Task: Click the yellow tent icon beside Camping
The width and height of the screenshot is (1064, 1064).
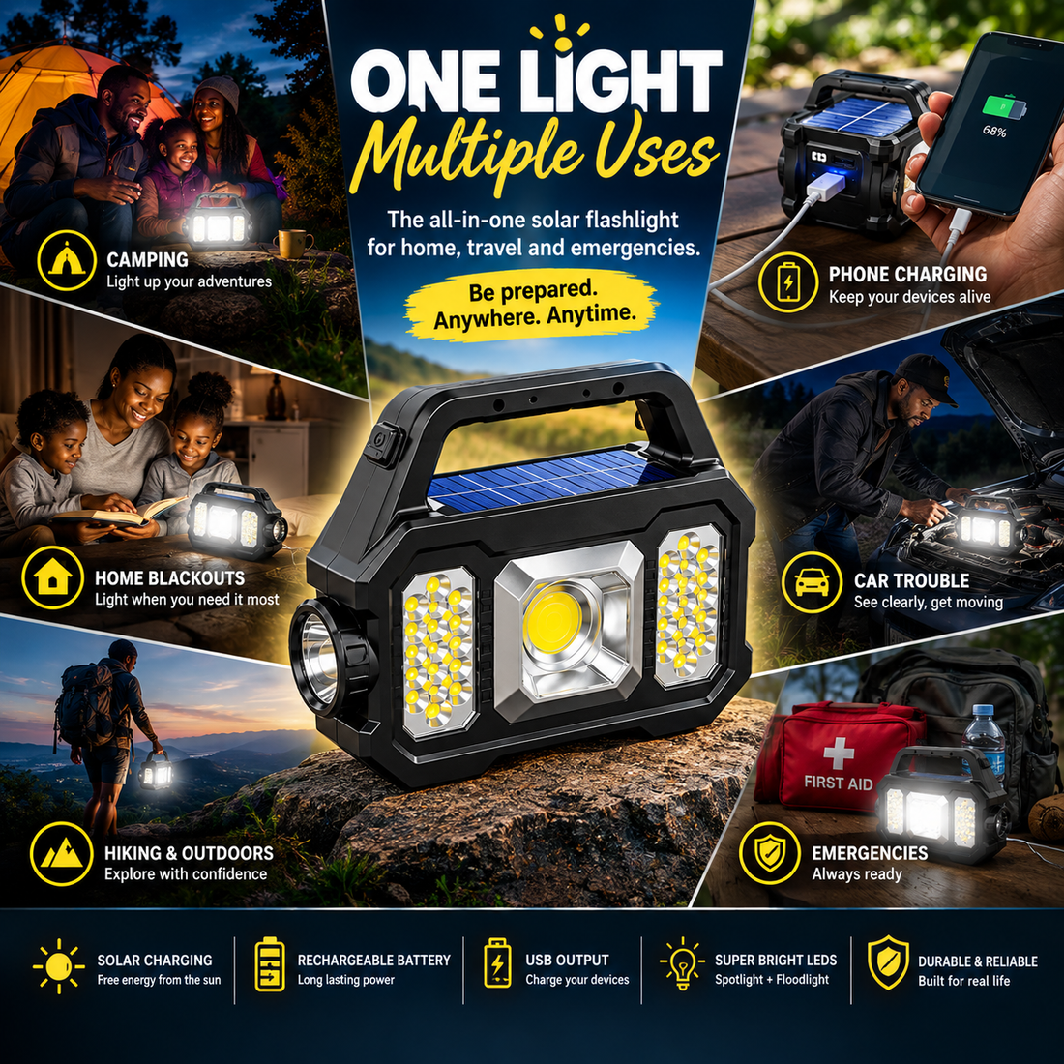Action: (67, 260)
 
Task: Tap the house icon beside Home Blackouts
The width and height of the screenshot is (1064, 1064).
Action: (53, 577)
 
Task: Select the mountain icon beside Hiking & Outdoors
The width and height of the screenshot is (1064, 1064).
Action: (62, 854)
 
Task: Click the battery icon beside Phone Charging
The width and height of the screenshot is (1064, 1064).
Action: (787, 281)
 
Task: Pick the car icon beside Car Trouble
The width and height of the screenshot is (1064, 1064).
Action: (812, 582)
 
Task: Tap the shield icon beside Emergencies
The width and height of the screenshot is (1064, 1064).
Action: (770, 853)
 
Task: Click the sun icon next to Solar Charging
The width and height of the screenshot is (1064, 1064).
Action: (59, 966)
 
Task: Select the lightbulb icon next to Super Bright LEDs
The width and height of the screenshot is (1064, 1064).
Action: (682, 963)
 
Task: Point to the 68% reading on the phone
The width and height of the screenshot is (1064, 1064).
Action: (994, 131)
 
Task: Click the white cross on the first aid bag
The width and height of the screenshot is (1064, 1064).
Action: (839, 754)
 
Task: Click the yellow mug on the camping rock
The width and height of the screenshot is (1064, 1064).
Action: (294, 244)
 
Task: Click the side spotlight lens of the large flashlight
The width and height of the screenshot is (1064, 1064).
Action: (318, 658)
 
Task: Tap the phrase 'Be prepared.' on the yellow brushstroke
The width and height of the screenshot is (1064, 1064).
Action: (533, 291)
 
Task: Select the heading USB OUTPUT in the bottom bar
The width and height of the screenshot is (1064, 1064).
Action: (567, 961)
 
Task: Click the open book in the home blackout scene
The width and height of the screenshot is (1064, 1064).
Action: (119, 514)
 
